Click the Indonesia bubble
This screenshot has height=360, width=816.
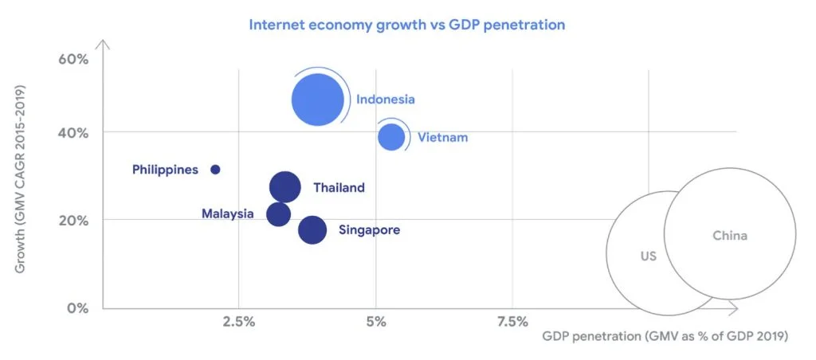tap(318, 100)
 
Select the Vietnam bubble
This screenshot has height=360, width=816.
tap(391, 137)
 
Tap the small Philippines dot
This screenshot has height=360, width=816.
tap(215, 170)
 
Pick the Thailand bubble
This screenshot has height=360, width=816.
tap(284, 188)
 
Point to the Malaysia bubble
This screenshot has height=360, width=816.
tap(278, 214)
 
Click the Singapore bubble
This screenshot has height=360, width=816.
tap(312, 230)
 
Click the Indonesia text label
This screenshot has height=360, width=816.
tap(386, 100)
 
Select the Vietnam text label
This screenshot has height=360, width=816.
tap(443, 138)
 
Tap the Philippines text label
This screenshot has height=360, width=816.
tap(165, 170)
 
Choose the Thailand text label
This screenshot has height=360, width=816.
tap(339, 188)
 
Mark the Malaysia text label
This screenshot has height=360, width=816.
tap(228, 214)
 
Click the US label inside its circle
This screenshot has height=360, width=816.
tap(648, 257)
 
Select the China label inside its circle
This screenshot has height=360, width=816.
tap(729, 236)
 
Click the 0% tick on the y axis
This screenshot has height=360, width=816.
tap(76, 307)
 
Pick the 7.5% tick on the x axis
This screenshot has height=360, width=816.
tap(512, 322)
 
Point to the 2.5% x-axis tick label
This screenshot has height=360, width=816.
tap(238, 322)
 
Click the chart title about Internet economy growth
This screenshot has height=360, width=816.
tap(407, 25)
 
